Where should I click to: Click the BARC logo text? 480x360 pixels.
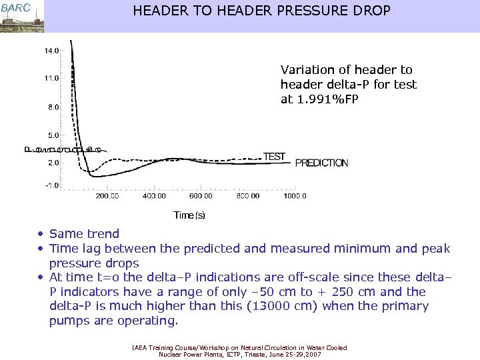tap(15, 7)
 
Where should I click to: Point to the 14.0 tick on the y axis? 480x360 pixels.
tap(51, 50)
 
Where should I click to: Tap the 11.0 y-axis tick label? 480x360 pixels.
tap(51, 78)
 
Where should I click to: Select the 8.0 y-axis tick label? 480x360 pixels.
tap(53, 107)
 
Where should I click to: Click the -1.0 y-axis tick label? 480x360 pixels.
tap(53, 185)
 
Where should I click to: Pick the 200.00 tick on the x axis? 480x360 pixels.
tap(107, 196)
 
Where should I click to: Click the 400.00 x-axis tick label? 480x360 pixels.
tap(154, 196)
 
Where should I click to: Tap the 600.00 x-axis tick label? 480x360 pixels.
tap(201, 196)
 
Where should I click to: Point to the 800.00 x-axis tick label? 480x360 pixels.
tap(247, 196)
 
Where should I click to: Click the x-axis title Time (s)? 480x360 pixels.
tap(189, 215)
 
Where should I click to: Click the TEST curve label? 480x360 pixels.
tap(274, 157)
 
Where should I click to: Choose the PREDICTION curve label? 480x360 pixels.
tap(321, 163)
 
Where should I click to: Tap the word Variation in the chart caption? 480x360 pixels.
tap(305, 69)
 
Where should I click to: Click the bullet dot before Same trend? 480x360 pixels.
tap(41, 234)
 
